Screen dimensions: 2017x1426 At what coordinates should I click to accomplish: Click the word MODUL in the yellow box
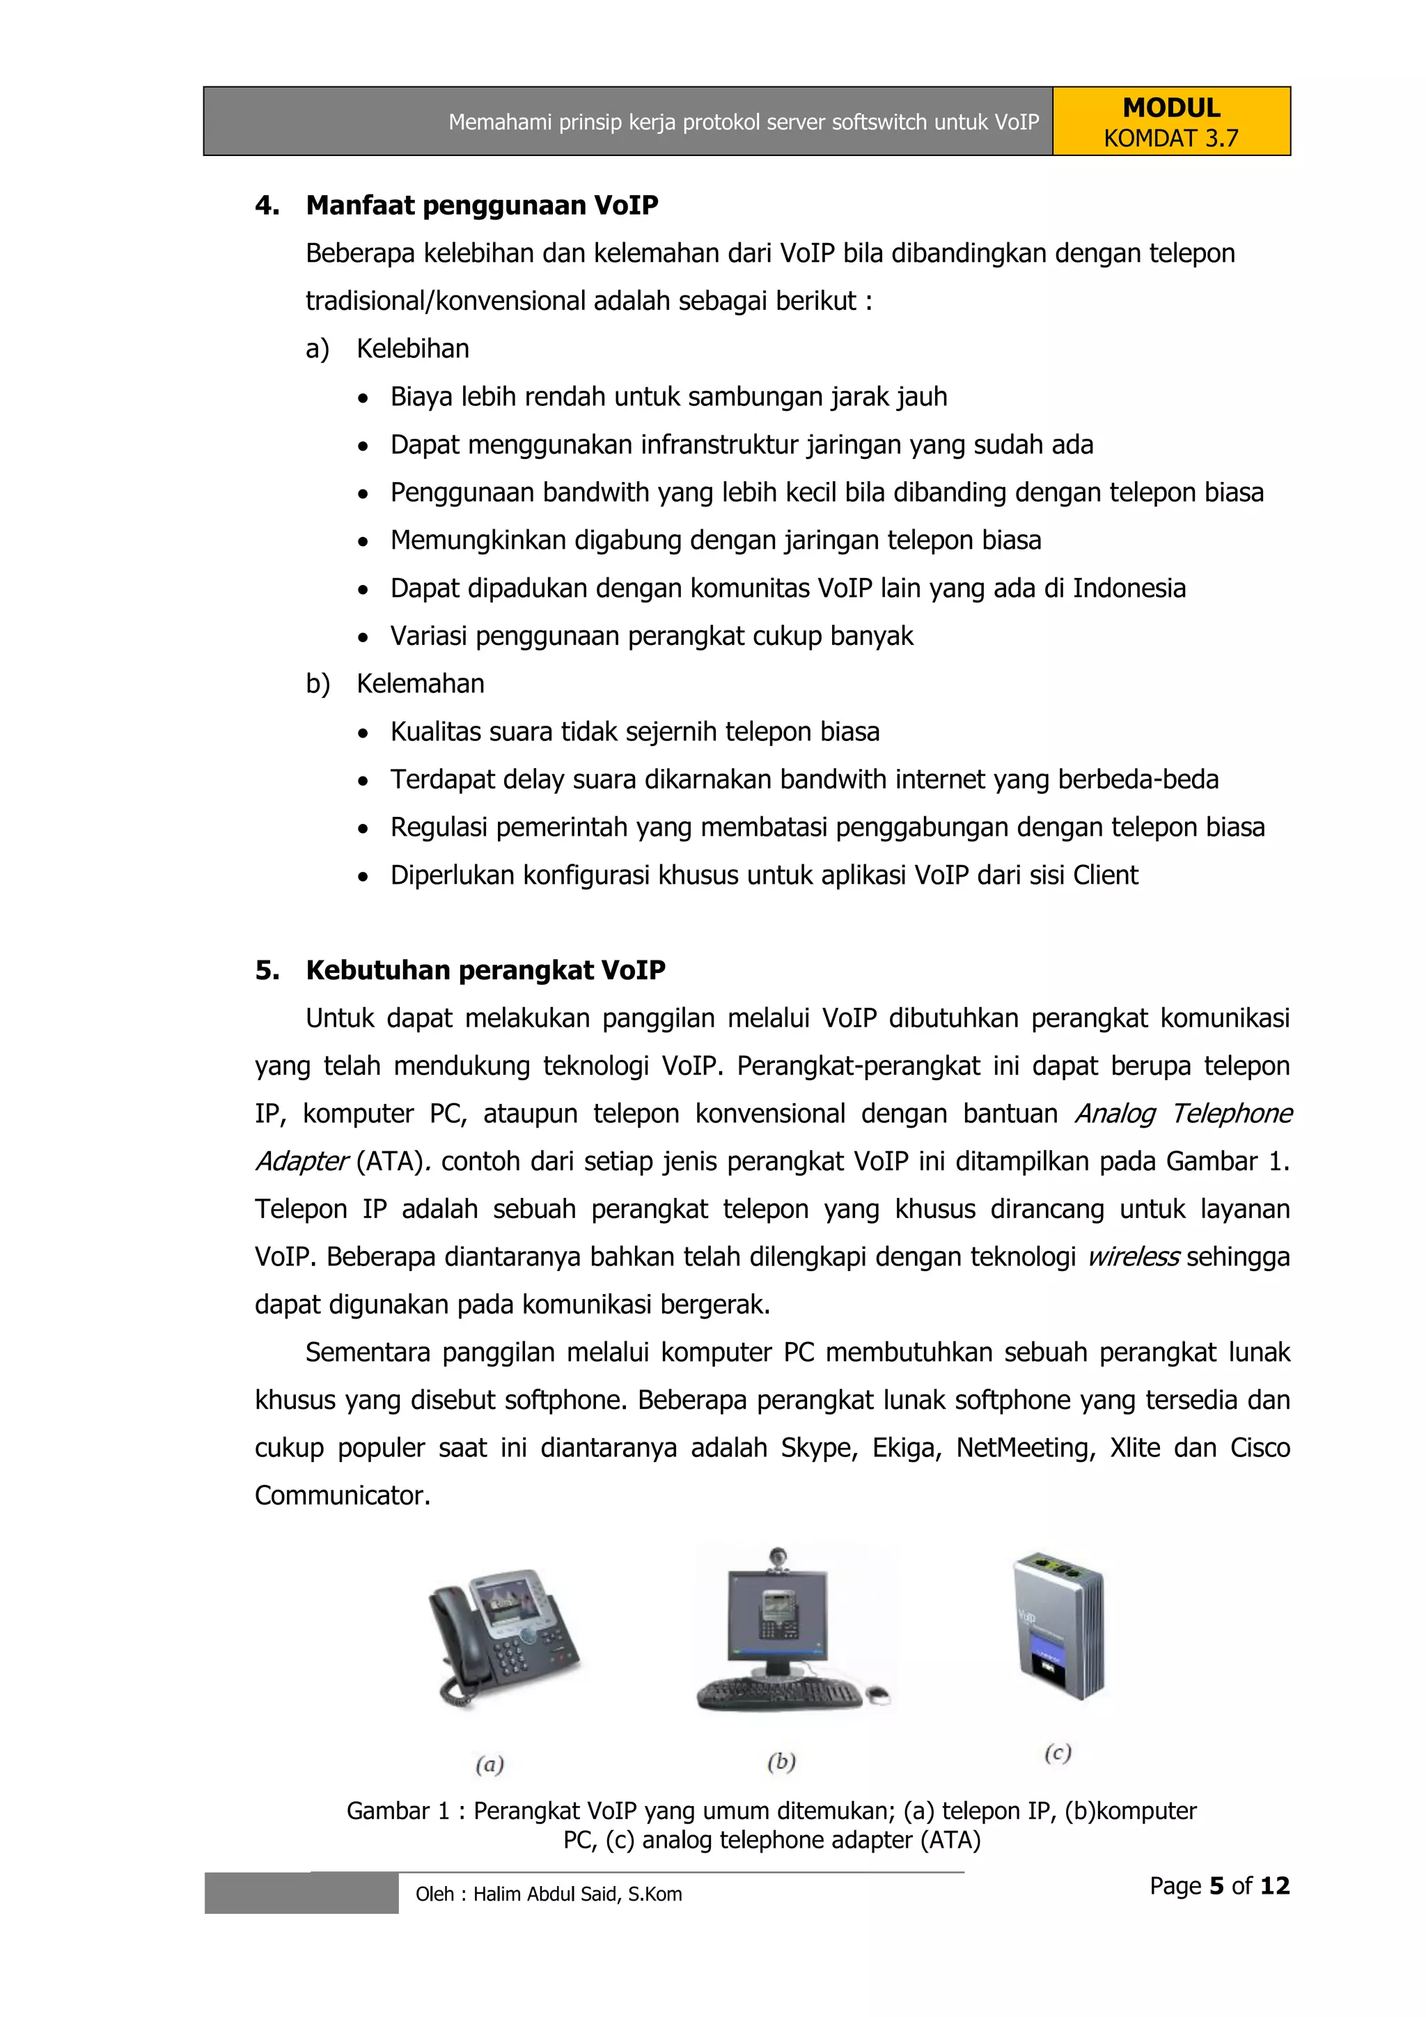pyautogui.click(x=1170, y=108)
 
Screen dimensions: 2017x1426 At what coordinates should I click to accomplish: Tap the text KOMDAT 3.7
pyautogui.click(x=1170, y=139)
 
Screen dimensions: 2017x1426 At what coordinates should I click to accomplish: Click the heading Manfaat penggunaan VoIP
pyautogui.click(x=481, y=205)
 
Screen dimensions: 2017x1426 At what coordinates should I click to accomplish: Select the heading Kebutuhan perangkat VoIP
pyautogui.click(x=485, y=971)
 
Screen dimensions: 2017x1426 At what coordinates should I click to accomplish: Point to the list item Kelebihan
pyautogui.click(x=413, y=349)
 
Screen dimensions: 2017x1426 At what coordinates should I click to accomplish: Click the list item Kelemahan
pyautogui.click(x=420, y=683)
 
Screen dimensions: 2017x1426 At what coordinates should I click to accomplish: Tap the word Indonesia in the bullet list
pyautogui.click(x=1129, y=588)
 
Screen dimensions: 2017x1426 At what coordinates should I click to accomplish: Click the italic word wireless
pyautogui.click(x=1133, y=1257)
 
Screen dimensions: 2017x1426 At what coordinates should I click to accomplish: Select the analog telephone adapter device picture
pyautogui.click(x=1059, y=1624)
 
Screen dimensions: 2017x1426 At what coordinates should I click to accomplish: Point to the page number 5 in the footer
pyautogui.click(x=1216, y=1886)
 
